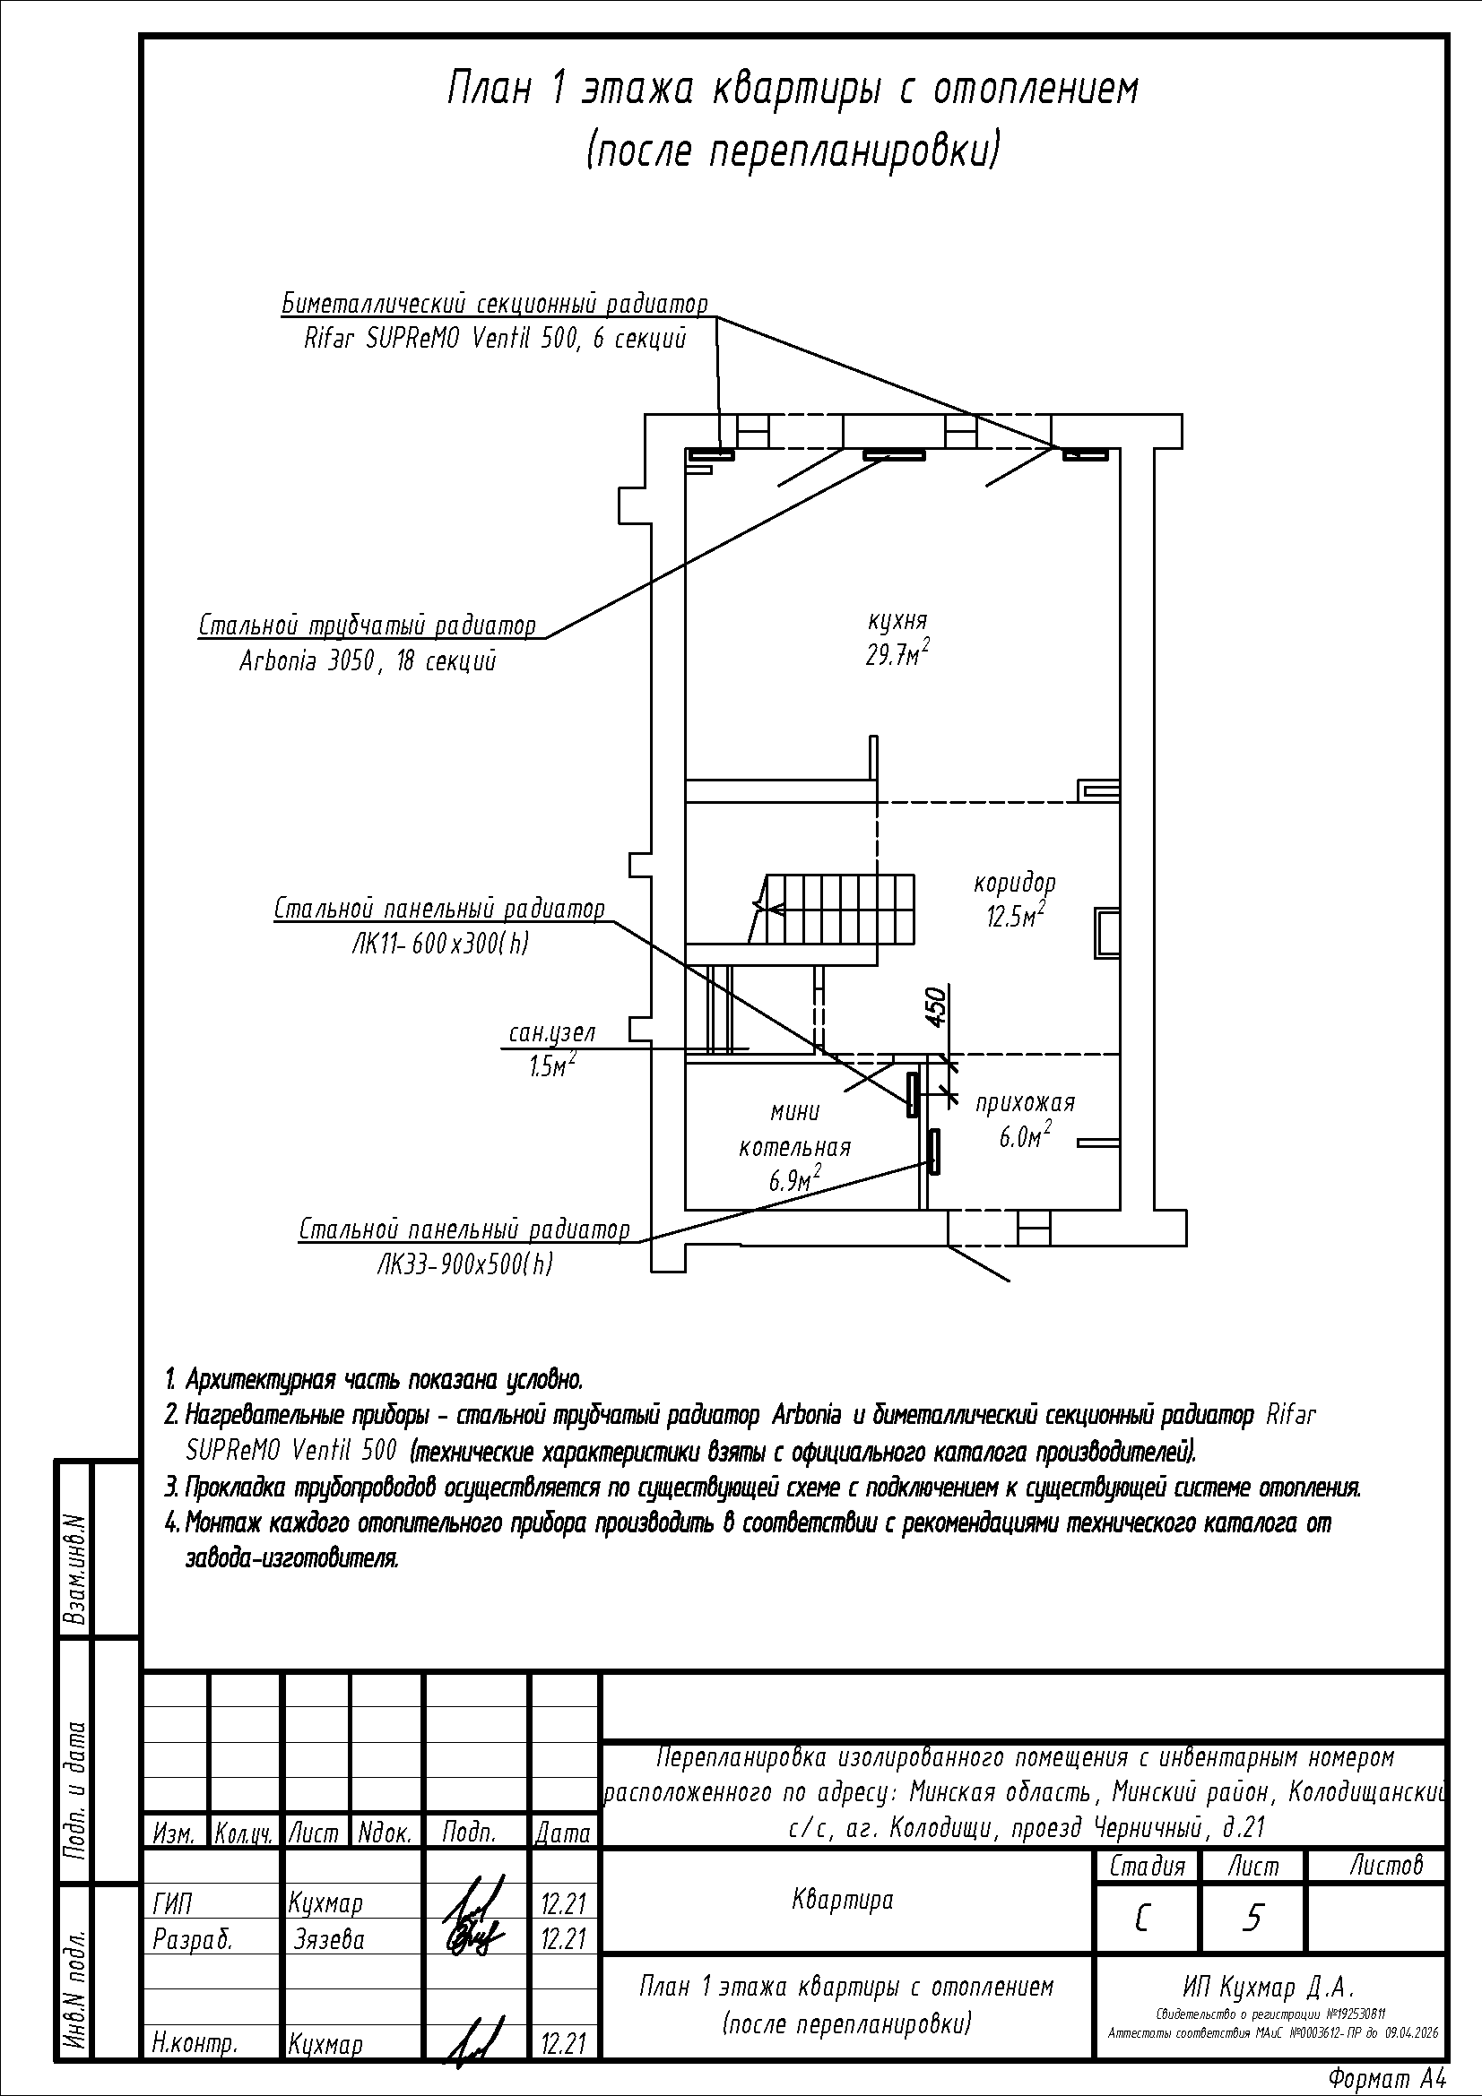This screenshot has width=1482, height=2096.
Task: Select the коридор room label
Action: [1015, 883]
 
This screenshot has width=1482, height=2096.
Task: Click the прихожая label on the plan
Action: [1025, 1102]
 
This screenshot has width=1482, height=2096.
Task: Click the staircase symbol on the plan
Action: [836, 910]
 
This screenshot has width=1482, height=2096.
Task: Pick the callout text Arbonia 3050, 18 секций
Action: [367, 661]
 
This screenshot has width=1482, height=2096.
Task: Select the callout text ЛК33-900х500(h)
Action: [464, 1264]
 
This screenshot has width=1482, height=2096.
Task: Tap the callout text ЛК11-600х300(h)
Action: [439, 944]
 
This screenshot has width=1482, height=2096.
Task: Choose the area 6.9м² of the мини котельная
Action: [793, 1180]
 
